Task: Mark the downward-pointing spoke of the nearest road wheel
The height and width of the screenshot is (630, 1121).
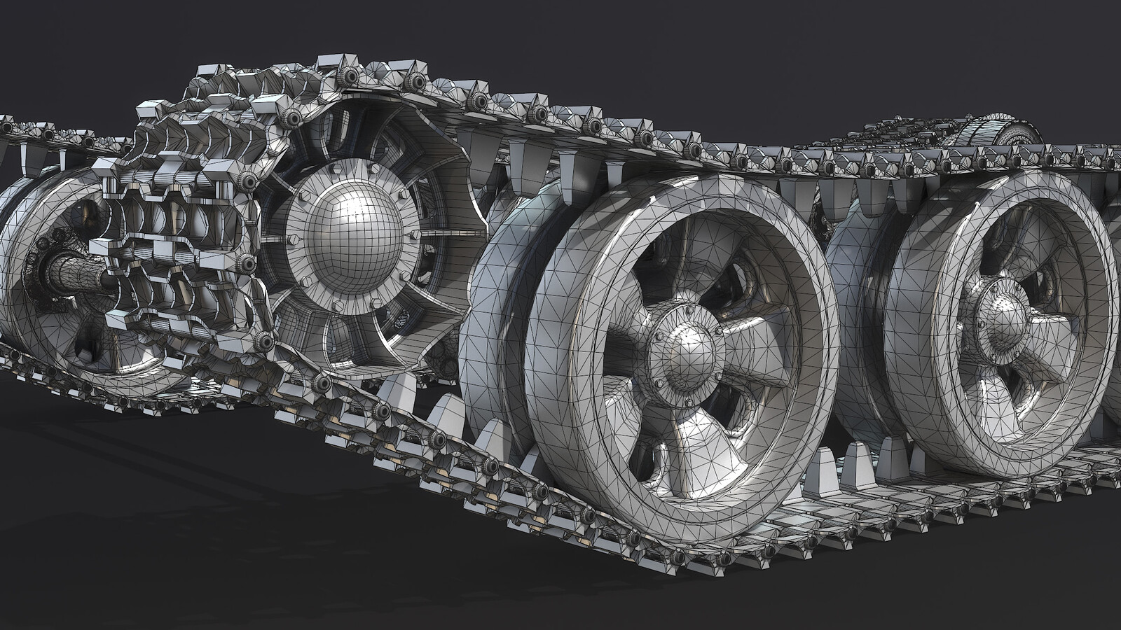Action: pos(676,448)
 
